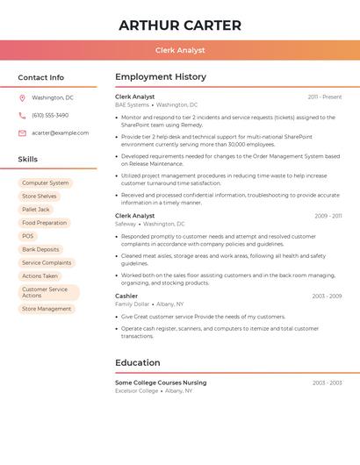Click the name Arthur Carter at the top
(x=180, y=25)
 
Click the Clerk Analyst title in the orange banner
(x=180, y=50)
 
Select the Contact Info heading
(x=41, y=77)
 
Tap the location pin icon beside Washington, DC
(x=22, y=98)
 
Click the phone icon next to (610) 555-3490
(x=22, y=116)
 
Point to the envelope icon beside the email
(x=22, y=133)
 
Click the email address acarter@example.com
(x=60, y=133)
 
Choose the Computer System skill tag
(x=46, y=183)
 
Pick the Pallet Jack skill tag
(x=36, y=210)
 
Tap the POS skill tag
(x=28, y=236)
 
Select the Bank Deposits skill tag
(x=40, y=249)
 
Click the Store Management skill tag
(x=47, y=309)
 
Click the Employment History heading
(x=161, y=77)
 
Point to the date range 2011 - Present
(x=325, y=97)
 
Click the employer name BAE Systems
(x=132, y=104)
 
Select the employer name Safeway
(x=126, y=224)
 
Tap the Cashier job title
(x=126, y=296)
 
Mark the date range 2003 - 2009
(x=327, y=296)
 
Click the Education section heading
(x=138, y=362)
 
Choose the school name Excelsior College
(x=137, y=390)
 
